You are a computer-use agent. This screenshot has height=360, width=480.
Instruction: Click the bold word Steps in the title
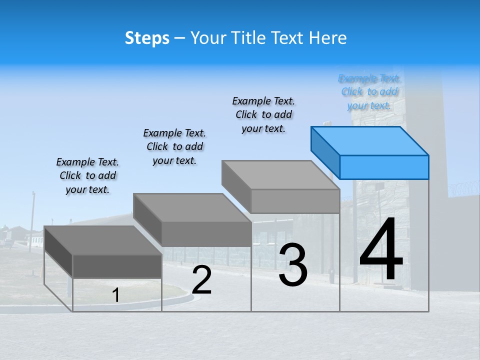[x=147, y=38]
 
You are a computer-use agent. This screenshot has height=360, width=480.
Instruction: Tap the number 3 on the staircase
[x=293, y=265]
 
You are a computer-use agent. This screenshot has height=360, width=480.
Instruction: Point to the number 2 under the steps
[x=202, y=280]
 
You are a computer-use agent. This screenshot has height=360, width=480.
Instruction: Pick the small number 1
[x=116, y=295]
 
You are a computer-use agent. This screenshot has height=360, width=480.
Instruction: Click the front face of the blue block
[x=384, y=167]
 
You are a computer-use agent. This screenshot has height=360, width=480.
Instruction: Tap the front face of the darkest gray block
[x=117, y=266]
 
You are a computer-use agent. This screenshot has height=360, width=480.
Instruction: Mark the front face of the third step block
[x=295, y=201]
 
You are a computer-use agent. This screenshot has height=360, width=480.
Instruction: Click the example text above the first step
[x=87, y=176]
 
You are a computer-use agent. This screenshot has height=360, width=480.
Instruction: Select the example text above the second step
[x=174, y=146]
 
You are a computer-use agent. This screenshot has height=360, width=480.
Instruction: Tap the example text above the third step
[x=263, y=114]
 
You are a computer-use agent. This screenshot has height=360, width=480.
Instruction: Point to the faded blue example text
[x=369, y=92]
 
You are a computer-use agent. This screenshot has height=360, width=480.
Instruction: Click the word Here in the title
[x=328, y=38]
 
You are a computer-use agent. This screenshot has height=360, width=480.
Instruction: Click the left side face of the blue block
[x=325, y=152]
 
